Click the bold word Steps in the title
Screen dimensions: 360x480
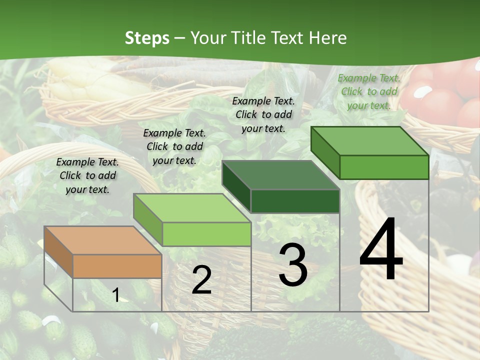click(x=147, y=38)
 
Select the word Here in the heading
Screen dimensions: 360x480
click(x=327, y=38)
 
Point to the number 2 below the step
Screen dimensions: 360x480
click(x=201, y=280)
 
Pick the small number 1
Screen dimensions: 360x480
click(x=115, y=295)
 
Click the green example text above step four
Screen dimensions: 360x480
click(x=369, y=91)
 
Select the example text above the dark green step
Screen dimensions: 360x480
click(x=263, y=114)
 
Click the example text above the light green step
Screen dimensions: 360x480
click(x=174, y=146)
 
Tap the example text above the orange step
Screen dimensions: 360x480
click(x=87, y=175)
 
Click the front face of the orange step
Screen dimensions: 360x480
click(x=117, y=266)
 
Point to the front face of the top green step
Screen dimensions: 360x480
click(x=384, y=167)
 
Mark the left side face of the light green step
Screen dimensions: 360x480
click(x=147, y=220)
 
